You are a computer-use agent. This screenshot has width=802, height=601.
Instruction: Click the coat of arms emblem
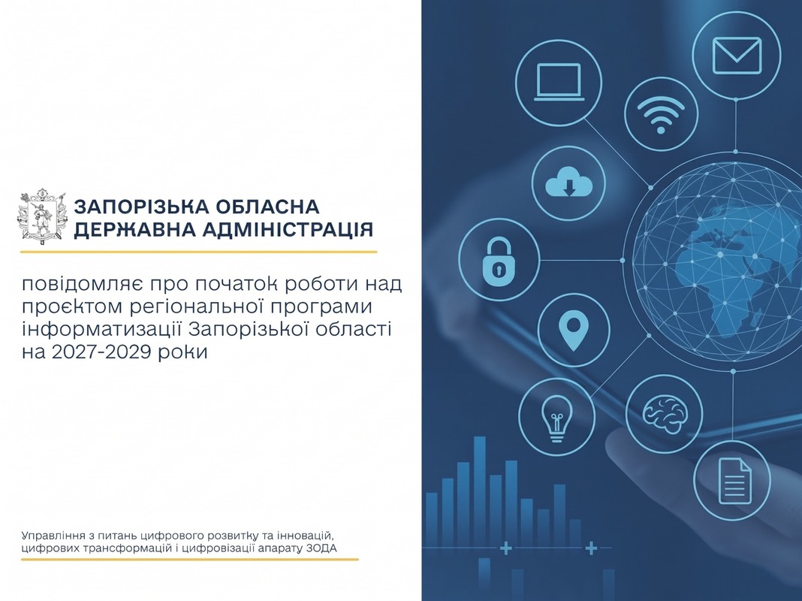click(x=43, y=217)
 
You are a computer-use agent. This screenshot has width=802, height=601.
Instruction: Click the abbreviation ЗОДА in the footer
click(x=321, y=549)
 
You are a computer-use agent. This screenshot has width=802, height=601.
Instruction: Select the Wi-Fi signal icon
click(x=661, y=114)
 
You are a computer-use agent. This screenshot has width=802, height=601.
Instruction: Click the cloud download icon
click(x=568, y=183)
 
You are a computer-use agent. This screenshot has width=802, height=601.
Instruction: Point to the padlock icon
click(x=498, y=260)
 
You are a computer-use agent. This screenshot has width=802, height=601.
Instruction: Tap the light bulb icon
click(x=556, y=418)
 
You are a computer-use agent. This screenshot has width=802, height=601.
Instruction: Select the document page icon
click(x=734, y=481)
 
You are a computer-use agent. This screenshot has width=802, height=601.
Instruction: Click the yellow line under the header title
click(x=198, y=252)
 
